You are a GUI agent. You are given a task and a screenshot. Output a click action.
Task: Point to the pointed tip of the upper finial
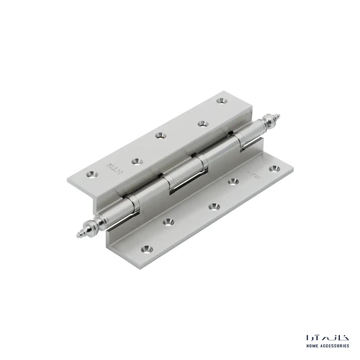click(280, 114)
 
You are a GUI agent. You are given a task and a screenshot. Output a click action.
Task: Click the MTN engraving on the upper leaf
click(115, 168)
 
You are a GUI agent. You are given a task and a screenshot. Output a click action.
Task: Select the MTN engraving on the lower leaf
click(253, 173)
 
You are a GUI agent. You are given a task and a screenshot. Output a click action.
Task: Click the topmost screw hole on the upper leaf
click(221, 100)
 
